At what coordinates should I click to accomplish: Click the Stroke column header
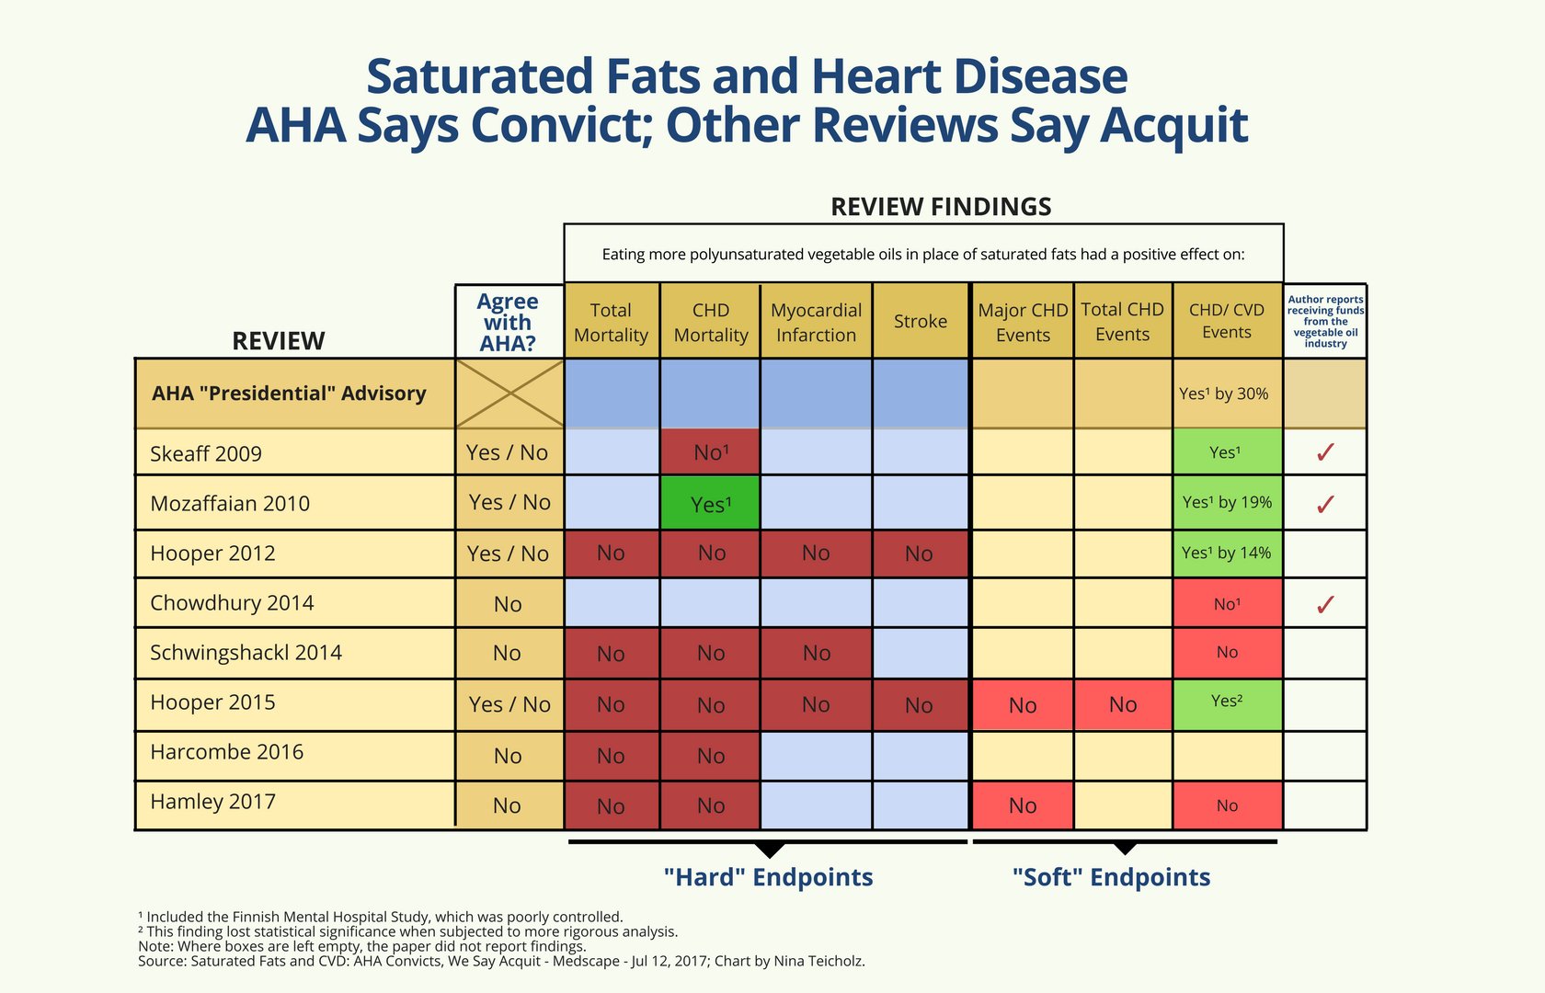tap(921, 321)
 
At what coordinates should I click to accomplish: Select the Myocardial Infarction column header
tap(816, 322)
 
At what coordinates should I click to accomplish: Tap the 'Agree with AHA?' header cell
tap(508, 322)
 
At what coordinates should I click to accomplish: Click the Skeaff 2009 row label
tap(206, 453)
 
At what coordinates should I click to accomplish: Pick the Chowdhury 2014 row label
tap(232, 603)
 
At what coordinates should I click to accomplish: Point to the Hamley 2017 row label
tap(212, 802)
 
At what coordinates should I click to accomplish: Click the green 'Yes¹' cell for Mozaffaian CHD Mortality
tap(710, 504)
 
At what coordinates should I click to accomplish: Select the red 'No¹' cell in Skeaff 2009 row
tap(710, 452)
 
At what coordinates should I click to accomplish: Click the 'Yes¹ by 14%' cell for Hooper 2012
tap(1226, 553)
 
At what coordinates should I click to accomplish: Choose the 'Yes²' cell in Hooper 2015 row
tap(1227, 702)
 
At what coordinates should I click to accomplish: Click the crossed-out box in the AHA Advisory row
tap(509, 394)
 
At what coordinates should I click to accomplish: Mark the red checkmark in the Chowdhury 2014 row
tap(1325, 604)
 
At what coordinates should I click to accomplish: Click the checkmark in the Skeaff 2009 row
tap(1325, 451)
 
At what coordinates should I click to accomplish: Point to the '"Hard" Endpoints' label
tap(768, 877)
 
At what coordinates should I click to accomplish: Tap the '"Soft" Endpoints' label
tap(1111, 877)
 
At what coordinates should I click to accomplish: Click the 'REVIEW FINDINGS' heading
tap(941, 207)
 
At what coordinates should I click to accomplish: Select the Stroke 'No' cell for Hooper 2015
tap(919, 705)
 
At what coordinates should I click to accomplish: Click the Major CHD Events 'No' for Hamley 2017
tap(1023, 805)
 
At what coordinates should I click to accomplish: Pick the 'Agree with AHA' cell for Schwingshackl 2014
tap(507, 653)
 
